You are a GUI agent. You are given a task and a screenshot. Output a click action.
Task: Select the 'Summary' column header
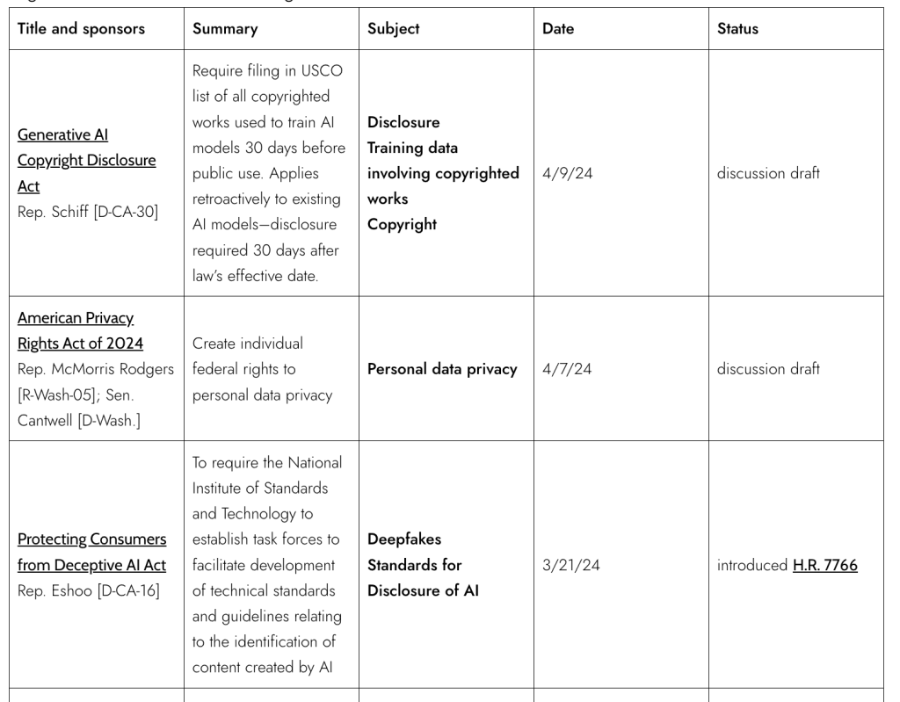coord(225,29)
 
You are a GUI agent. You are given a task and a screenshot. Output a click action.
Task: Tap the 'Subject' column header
coord(394,29)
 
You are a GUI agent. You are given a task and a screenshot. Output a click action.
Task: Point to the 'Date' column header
coord(558,29)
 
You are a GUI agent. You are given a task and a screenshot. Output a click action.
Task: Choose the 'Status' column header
coord(737,29)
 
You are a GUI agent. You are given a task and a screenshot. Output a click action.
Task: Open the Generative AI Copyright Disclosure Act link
coord(86,161)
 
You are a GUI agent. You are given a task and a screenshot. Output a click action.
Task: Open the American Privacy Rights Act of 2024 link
coord(80,329)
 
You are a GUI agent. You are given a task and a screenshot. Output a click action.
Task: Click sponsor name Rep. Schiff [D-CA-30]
coord(87,211)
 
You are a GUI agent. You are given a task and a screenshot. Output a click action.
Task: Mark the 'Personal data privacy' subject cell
coord(442,369)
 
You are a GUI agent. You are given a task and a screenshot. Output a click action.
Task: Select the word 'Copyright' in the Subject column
coord(402,224)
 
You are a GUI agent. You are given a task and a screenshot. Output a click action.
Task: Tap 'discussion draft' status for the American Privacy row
coord(768,369)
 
